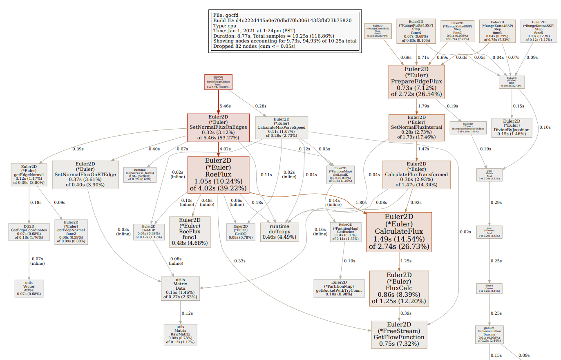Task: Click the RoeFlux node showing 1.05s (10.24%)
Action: (x=218, y=174)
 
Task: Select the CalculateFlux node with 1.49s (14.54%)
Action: (x=399, y=232)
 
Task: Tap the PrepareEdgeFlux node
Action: (x=416, y=82)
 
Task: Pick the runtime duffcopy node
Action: (x=279, y=232)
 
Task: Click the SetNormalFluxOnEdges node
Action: (x=218, y=127)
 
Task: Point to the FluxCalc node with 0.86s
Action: (x=399, y=288)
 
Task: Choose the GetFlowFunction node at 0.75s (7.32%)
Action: (x=399, y=334)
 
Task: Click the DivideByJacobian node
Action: (x=512, y=127)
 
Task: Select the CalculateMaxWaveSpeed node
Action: (x=281, y=127)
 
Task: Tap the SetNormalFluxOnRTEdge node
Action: (x=85, y=174)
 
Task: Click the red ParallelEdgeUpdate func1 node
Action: (x=218, y=82)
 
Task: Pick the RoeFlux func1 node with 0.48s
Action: (x=190, y=232)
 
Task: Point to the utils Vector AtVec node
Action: (x=29, y=288)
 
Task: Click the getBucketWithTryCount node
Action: (x=339, y=288)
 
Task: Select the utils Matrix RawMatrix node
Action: (x=180, y=334)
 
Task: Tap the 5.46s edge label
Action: (x=225, y=106)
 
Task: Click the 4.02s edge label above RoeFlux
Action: (x=225, y=149)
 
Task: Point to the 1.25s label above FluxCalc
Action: (x=406, y=261)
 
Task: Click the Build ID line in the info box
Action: (x=282, y=20)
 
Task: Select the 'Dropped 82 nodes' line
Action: (x=254, y=46)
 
